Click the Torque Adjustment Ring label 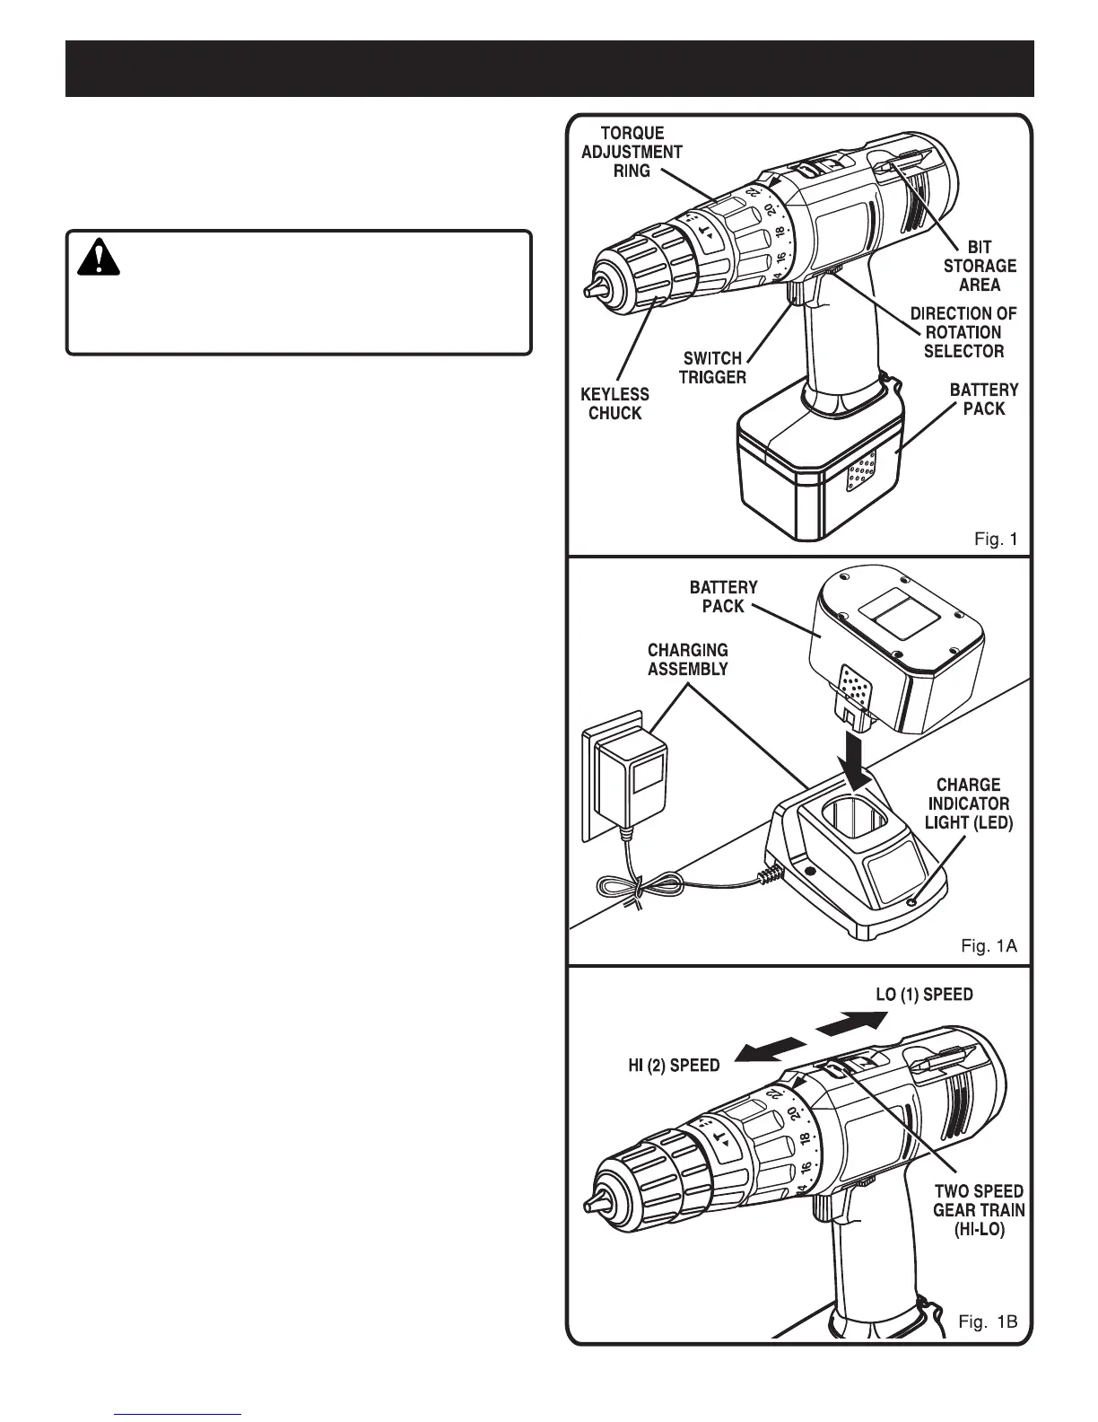tap(632, 152)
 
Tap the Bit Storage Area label tap(980, 266)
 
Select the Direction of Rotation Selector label tap(963, 332)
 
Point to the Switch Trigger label tap(712, 368)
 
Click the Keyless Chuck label tap(614, 404)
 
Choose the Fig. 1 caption tap(996, 540)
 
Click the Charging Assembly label tap(688, 659)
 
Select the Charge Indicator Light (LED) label tap(968, 803)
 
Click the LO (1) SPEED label tap(924, 995)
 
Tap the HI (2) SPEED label tap(673, 1066)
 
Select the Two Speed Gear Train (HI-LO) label tap(978, 1210)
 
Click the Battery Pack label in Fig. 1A tap(723, 596)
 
